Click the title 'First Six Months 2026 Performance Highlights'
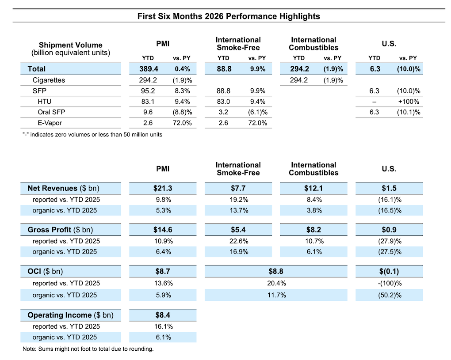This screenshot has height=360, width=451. [x=229, y=16]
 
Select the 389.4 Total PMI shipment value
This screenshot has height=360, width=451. [x=149, y=69]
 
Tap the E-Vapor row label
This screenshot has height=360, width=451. [x=50, y=123]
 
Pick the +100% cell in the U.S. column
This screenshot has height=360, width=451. [x=409, y=102]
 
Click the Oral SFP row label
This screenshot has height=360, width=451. [x=51, y=112]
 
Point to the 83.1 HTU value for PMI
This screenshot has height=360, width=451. [x=148, y=102]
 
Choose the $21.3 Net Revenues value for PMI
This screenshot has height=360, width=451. [x=163, y=188]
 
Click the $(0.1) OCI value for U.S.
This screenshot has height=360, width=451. [x=389, y=271]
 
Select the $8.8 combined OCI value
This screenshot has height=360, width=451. [x=276, y=271]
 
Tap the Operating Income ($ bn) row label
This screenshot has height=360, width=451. [x=70, y=315]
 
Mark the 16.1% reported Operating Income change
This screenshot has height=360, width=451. [x=163, y=326]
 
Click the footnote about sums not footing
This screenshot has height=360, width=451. [x=88, y=349]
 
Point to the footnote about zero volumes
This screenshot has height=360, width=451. [x=92, y=134]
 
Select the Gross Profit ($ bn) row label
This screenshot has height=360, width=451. [x=61, y=230]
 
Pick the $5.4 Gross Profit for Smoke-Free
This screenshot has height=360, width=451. [x=238, y=230]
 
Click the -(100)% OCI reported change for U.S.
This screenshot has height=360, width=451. [x=390, y=283]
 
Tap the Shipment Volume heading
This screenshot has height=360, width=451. [x=70, y=45]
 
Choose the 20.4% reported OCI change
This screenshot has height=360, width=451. [x=276, y=283]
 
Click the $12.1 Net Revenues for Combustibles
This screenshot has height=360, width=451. [x=313, y=188]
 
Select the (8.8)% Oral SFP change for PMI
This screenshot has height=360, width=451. [x=182, y=112]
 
